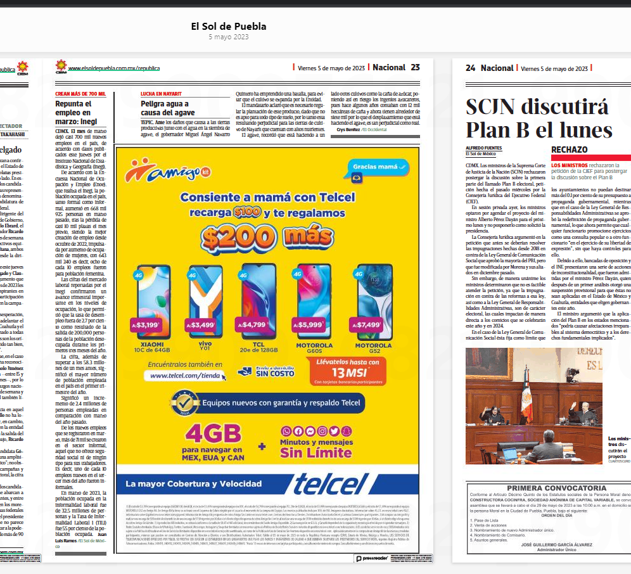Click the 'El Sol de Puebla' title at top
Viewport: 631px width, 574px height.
click(228, 26)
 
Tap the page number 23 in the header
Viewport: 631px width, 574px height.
click(415, 67)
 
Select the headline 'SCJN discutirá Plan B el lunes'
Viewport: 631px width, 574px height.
click(539, 118)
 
